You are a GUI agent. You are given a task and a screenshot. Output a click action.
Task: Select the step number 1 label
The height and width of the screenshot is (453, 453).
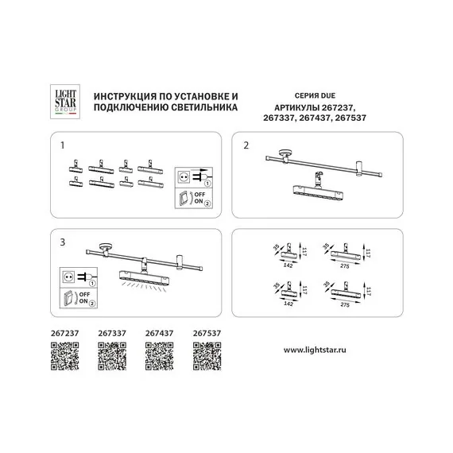pos(63,147)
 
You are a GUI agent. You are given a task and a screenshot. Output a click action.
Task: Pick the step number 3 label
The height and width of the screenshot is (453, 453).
pos(63,240)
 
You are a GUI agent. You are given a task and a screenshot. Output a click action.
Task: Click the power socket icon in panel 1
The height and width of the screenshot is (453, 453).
pos(183,177)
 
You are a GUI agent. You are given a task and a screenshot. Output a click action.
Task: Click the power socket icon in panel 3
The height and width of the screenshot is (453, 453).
pos(67,278)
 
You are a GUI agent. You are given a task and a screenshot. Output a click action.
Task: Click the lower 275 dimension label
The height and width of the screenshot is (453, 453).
pos(345,304)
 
